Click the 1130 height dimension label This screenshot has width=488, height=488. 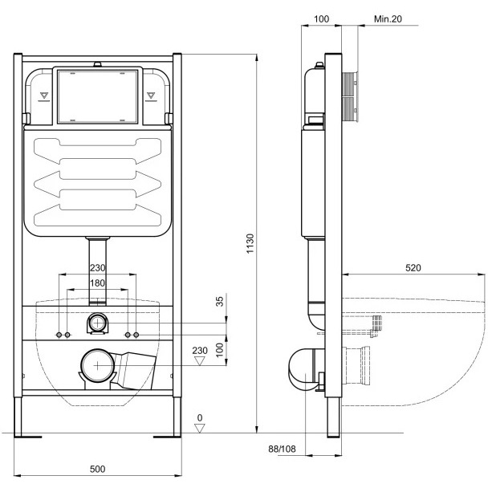(250, 244)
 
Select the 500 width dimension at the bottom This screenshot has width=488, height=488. (97, 469)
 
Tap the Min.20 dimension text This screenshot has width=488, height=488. (388, 19)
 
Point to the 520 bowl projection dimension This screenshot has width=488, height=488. (413, 267)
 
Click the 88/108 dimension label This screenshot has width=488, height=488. (282, 449)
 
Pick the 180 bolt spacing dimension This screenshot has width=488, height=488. (97, 283)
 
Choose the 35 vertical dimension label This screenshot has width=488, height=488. (220, 301)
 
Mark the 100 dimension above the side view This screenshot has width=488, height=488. (322, 19)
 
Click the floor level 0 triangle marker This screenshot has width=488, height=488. (200, 429)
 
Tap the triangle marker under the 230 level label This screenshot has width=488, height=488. (200, 361)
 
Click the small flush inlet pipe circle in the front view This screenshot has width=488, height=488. (98, 323)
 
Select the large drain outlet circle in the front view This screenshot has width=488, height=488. (97, 365)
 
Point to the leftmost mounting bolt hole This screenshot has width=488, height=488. (59, 335)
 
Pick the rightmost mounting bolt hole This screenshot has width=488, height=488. (136, 335)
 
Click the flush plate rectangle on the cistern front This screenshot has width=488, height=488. (97, 96)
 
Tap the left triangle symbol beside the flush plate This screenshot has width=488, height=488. (44, 96)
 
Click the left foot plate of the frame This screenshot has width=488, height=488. (28, 437)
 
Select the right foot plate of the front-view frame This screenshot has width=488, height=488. (167, 437)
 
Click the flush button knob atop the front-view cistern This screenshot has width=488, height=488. (98, 64)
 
